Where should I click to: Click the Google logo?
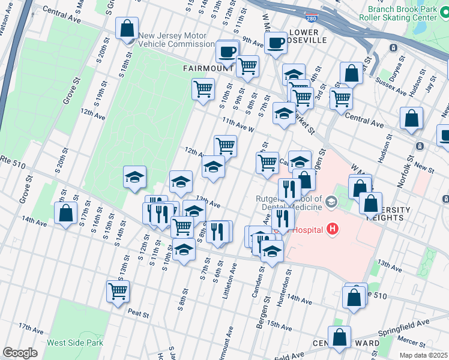tap(20, 353)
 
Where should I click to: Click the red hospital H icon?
tap(333, 229)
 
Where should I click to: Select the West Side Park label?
tap(75, 343)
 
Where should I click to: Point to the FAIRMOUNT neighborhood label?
tap(208, 69)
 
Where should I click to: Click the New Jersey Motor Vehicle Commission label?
tap(176, 40)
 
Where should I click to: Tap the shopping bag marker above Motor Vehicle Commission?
tap(128, 29)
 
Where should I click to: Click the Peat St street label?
tap(138, 311)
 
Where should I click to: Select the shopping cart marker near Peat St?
tap(118, 291)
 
